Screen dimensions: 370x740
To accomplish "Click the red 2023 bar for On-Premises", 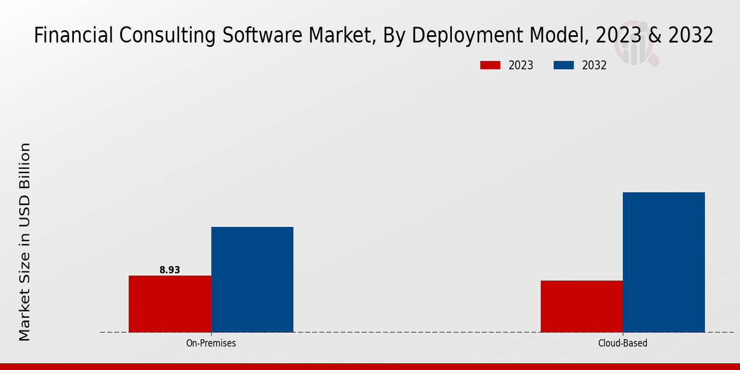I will click(x=170, y=303).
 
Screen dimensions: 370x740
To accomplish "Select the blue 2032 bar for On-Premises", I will click(x=252, y=279).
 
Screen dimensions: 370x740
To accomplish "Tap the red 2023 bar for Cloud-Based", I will click(x=582, y=306).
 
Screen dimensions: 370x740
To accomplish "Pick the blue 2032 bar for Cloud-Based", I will click(x=664, y=262).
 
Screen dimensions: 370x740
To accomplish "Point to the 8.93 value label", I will click(x=170, y=270).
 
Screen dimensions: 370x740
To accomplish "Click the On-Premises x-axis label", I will click(x=211, y=343).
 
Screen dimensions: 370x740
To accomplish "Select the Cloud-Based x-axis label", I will click(x=623, y=343).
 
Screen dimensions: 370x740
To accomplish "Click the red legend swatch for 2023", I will click(x=490, y=65).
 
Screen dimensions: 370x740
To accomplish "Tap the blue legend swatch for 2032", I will click(x=564, y=65).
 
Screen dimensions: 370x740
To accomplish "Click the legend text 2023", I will click(x=521, y=65).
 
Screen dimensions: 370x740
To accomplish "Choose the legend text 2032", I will click(x=594, y=65).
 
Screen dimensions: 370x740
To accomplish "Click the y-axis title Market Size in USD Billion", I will click(x=25, y=242).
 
